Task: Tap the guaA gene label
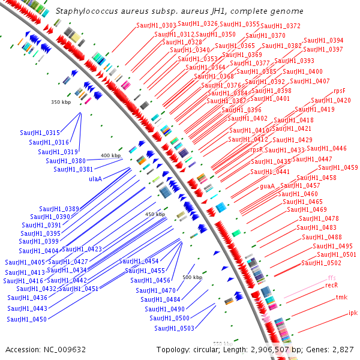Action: (x=267, y=187)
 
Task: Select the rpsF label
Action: (x=339, y=91)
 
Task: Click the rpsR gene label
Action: (x=256, y=150)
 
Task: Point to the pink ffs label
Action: (x=332, y=278)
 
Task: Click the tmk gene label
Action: (x=341, y=297)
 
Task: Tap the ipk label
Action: (x=353, y=313)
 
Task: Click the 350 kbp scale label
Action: (x=61, y=102)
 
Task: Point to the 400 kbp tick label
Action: (x=110, y=155)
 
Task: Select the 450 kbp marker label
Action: (x=155, y=214)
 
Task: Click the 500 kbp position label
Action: (x=192, y=277)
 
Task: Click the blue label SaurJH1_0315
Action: (x=40, y=133)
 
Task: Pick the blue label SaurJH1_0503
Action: (x=174, y=328)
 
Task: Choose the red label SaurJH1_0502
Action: (x=321, y=263)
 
